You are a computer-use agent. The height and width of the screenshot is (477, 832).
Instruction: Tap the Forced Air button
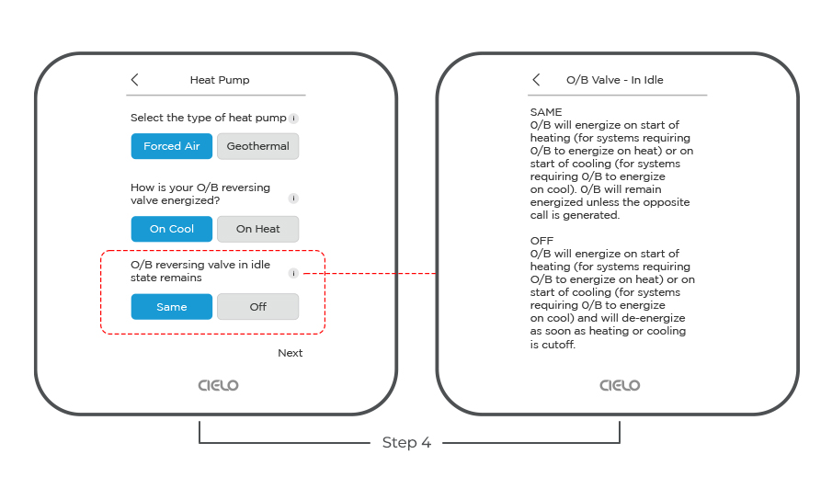[171, 146]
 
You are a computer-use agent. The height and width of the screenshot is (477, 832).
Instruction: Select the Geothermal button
[258, 146]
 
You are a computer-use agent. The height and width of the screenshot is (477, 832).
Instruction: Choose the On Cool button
[171, 229]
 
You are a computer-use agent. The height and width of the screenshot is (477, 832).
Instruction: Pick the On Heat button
[258, 229]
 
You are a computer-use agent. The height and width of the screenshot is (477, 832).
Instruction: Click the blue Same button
[171, 307]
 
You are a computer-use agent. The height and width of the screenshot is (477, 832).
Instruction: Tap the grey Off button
[258, 307]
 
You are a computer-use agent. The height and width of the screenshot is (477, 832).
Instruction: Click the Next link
[291, 353]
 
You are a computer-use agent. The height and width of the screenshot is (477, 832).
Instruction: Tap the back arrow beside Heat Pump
[135, 80]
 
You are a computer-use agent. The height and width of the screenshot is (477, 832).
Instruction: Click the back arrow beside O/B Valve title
[537, 80]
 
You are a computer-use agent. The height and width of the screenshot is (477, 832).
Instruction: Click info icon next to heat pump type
[293, 119]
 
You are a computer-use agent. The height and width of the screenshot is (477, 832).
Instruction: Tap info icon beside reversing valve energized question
[293, 199]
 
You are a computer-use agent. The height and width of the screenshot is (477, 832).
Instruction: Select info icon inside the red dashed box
[293, 273]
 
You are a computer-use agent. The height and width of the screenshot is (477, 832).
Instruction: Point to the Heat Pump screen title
[220, 80]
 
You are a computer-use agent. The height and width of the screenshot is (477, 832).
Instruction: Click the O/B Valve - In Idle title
[614, 80]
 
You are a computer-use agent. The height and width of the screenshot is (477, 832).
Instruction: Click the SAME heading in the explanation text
[546, 112]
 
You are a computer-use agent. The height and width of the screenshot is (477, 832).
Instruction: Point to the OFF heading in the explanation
[541, 241]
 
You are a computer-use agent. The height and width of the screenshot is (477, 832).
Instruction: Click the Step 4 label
[406, 442]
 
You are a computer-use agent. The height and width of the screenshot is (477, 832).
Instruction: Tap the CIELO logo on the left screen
[218, 385]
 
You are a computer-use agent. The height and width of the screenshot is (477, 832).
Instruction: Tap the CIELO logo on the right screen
[620, 385]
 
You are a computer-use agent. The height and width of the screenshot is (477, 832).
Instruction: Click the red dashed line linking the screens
[370, 273]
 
